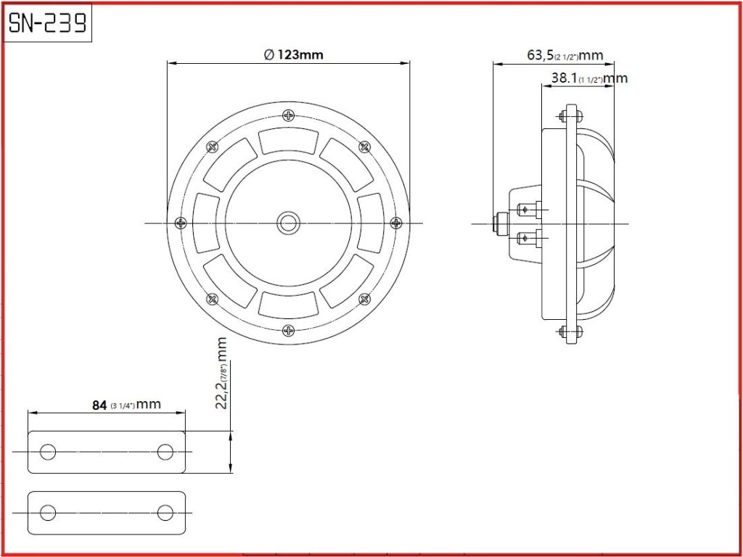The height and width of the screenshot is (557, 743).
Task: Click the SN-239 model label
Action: (x=47, y=22)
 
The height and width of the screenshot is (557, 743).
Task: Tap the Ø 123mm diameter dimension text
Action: (x=294, y=55)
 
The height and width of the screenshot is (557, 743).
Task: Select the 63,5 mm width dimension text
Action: (x=565, y=55)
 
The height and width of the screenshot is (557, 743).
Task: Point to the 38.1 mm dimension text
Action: (x=589, y=78)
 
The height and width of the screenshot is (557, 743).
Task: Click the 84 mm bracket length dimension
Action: (x=126, y=405)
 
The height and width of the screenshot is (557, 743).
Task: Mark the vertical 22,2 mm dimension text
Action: (x=222, y=373)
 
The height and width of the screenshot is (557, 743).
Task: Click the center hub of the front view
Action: (x=288, y=223)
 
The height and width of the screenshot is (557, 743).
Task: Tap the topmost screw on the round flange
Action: (x=289, y=115)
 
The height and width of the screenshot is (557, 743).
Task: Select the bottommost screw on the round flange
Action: (x=289, y=331)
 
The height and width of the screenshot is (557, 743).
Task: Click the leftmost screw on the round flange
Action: (x=181, y=223)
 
